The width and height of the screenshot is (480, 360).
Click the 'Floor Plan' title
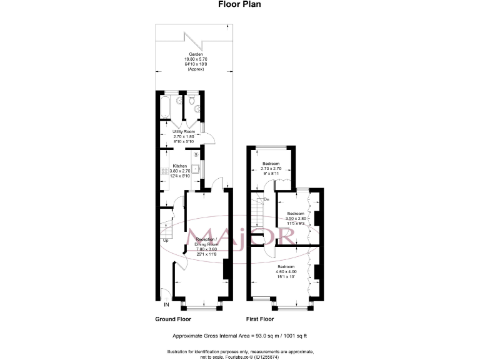tap(240, 4)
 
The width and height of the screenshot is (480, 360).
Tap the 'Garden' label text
tap(192, 55)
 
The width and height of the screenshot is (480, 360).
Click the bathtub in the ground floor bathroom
tap(166, 107)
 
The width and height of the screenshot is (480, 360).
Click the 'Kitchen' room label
tap(179, 166)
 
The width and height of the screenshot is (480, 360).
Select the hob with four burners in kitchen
tap(196, 154)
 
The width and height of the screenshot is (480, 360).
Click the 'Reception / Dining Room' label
tap(207, 242)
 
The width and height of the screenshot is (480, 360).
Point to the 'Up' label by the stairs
tap(166, 240)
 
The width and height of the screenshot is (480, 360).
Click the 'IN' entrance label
tap(166, 305)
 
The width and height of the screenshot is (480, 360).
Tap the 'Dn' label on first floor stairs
tap(266, 199)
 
